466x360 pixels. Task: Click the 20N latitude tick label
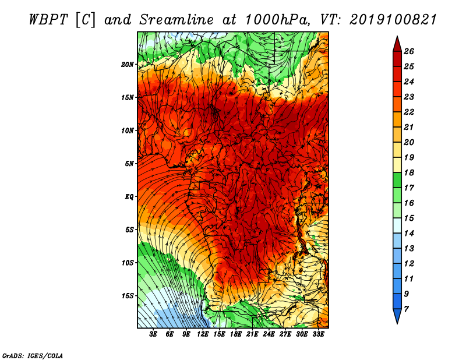click(127, 65)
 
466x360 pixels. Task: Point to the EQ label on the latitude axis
click(129, 197)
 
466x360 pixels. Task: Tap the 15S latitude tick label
click(128, 296)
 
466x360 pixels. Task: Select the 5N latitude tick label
click(129, 164)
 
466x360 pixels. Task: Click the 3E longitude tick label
click(153, 334)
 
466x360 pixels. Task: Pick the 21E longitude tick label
click(252, 334)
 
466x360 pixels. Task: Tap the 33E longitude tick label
click(318, 334)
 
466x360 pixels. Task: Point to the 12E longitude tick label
click(202, 334)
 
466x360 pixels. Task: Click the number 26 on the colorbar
click(409, 51)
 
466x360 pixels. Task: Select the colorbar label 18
click(409, 172)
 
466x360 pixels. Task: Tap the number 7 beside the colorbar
click(406, 309)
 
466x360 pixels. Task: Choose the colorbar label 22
click(409, 112)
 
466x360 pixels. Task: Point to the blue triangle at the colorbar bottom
click(397, 315)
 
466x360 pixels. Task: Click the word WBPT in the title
click(48, 20)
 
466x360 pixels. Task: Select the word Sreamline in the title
click(176, 20)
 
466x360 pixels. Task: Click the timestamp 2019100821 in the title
click(393, 20)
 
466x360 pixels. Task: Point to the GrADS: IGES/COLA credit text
click(33, 356)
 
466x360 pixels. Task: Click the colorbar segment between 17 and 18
click(397, 180)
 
